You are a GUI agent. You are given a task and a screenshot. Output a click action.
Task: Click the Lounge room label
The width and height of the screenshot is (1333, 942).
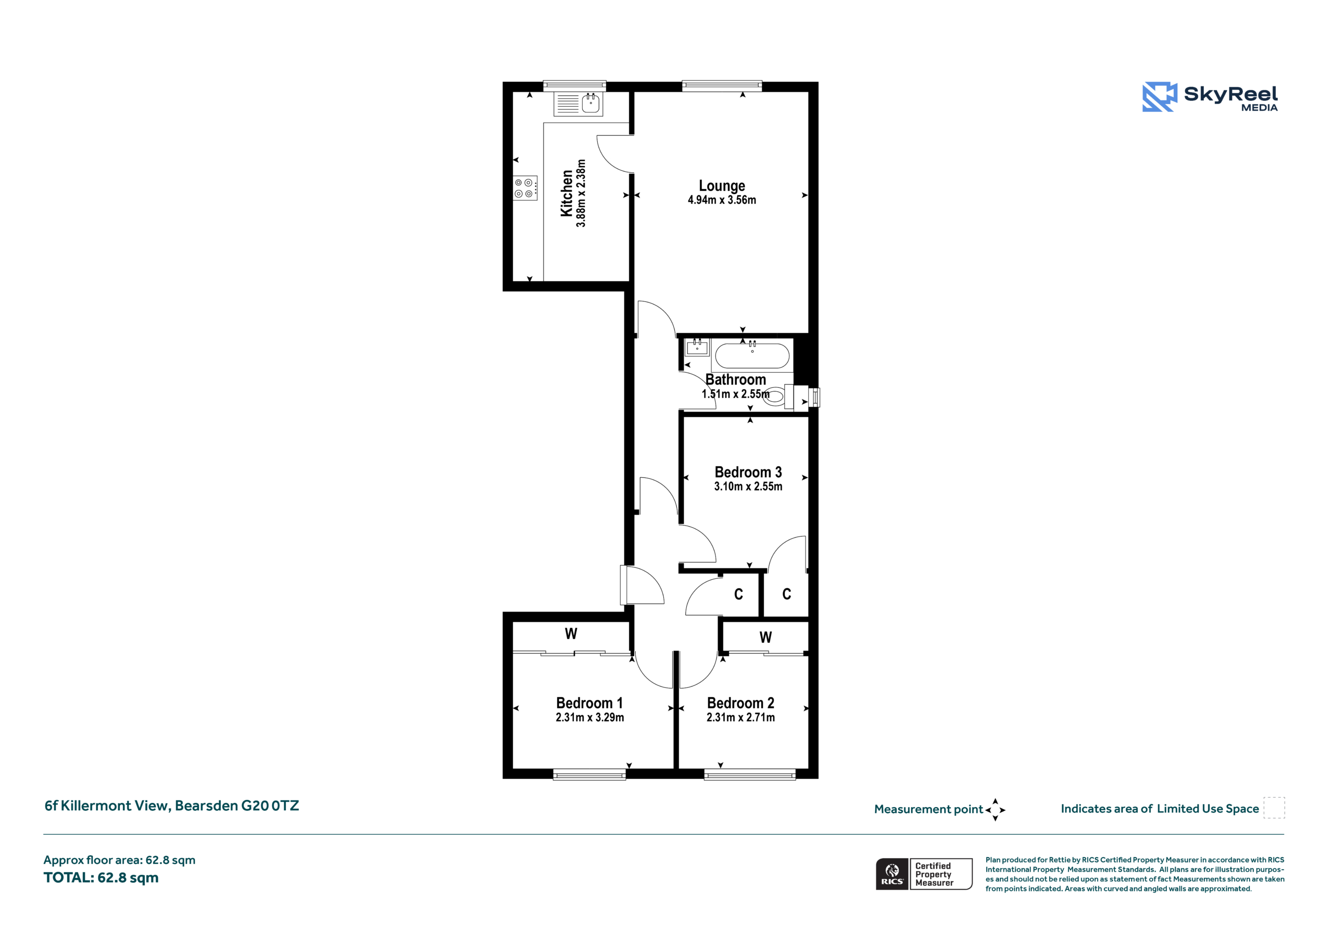pyautogui.click(x=722, y=186)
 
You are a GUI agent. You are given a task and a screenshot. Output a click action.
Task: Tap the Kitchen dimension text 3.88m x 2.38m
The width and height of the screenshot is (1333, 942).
pyautogui.click(x=581, y=193)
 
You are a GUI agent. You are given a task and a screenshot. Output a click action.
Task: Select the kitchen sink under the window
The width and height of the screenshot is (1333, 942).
pyautogui.click(x=579, y=104)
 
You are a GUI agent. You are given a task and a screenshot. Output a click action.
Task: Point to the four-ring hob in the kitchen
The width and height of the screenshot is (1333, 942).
pyautogui.click(x=525, y=188)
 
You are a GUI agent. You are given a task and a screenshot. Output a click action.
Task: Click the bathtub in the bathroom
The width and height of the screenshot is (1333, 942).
pyautogui.click(x=752, y=356)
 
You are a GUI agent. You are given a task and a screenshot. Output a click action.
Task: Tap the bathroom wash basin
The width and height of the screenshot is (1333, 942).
pyautogui.click(x=697, y=347)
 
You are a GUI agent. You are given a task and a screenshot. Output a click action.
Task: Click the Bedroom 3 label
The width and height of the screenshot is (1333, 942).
pyautogui.click(x=748, y=472)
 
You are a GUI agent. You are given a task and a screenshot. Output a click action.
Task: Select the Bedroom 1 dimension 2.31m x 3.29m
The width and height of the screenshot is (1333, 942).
pyautogui.click(x=590, y=717)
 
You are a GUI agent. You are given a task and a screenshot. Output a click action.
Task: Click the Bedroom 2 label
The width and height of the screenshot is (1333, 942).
pyautogui.click(x=740, y=703)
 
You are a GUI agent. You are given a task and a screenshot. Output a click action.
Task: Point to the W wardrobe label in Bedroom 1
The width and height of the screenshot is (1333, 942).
pyautogui.click(x=571, y=634)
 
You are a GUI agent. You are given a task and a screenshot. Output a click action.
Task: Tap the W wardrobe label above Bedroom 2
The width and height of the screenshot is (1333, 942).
pyautogui.click(x=766, y=638)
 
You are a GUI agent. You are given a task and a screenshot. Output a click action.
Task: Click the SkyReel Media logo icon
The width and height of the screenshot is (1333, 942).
pyautogui.click(x=1160, y=96)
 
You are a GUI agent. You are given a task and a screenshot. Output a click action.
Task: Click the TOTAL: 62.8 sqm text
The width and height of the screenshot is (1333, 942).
pyautogui.click(x=101, y=877)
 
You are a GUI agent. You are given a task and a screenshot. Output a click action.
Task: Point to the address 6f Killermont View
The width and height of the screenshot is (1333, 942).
pyautogui.click(x=172, y=806)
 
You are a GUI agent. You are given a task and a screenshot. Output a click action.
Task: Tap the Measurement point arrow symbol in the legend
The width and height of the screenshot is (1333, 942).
pyautogui.click(x=995, y=810)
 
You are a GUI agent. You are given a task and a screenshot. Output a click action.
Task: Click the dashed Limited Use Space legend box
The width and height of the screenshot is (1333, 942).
pyautogui.click(x=1274, y=808)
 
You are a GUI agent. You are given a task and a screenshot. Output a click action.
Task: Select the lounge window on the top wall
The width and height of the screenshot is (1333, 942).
pyautogui.click(x=722, y=86)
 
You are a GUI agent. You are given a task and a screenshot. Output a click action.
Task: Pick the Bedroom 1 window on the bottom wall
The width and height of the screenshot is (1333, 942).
pyautogui.click(x=589, y=774)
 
